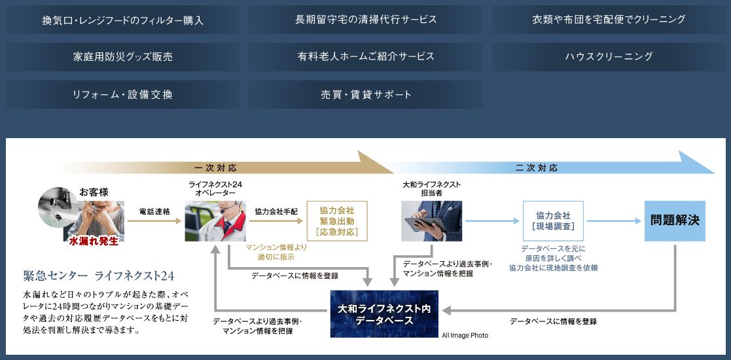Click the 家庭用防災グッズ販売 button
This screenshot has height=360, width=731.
pyautogui.click(x=123, y=57)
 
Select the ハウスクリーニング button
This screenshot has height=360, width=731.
pyautogui.click(x=609, y=57)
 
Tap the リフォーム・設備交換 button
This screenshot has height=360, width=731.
pyautogui.click(x=123, y=95)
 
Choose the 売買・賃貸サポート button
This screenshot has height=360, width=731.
pyautogui.click(x=366, y=95)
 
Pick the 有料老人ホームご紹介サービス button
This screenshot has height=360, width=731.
pyautogui.click(x=366, y=57)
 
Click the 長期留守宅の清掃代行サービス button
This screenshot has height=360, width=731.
pyautogui.click(x=366, y=20)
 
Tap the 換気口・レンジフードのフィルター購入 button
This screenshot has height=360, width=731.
pyautogui.click(x=123, y=20)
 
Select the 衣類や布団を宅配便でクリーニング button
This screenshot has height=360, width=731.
pyautogui.click(x=609, y=20)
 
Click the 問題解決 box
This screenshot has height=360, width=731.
pyautogui.click(x=675, y=221)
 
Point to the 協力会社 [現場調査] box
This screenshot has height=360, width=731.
pyautogui.click(x=553, y=221)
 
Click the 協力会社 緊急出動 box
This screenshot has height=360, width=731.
pyautogui.click(x=337, y=221)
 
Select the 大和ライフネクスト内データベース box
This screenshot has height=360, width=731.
pyautogui.click(x=384, y=314)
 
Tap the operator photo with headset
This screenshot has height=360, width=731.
pyautogui.click(x=215, y=221)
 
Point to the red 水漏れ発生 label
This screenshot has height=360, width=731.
pyautogui.click(x=94, y=241)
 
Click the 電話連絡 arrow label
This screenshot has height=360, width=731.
pyautogui.click(x=154, y=212)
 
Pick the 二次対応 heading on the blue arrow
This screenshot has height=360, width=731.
pyautogui.click(x=537, y=168)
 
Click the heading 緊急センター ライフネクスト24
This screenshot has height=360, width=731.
pyautogui.click(x=99, y=276)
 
